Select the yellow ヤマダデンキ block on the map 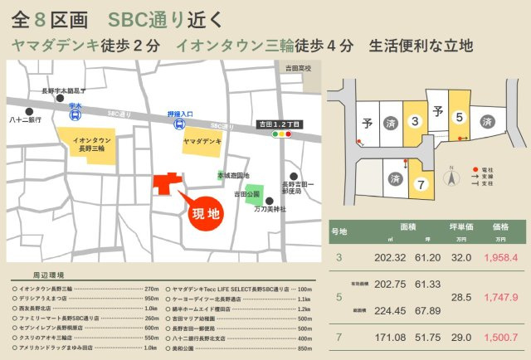click(x=202, y=142)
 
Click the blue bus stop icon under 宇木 click(x=74, y=115)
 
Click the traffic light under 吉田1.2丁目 click(x=283, y=133)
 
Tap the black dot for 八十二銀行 click(x=29, y=110)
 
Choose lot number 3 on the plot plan click(x=415, y=121)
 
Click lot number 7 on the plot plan click(x=421, y=183)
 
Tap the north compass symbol click(x=452, y=177)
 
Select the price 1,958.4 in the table click(x=500, y=257)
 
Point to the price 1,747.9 click(x=500, y=296)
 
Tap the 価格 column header click(x=500, y=226)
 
